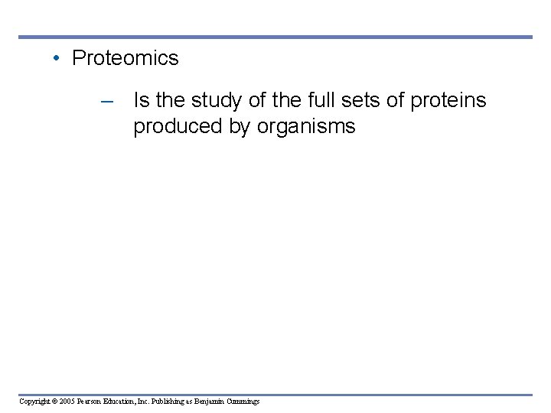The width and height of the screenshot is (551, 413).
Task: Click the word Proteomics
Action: [x=125, y=58]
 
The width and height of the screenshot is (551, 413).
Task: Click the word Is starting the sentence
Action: [x=142, y=100]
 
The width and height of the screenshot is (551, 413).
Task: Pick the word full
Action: [x=309, y=100]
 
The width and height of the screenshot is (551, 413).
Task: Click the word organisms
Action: [x=306, y=126]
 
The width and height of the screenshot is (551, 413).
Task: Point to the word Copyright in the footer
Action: [x=35, y=402]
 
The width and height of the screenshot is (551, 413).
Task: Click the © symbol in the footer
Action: [x=57, y=402]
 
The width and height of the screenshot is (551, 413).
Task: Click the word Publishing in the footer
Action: [x=174, y=402]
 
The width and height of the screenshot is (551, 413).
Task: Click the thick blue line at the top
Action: [x=275, y=37]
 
